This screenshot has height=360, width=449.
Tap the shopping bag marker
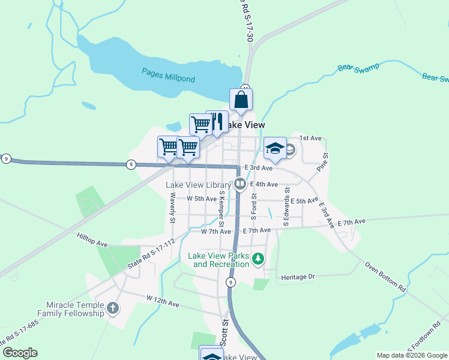[241, 100]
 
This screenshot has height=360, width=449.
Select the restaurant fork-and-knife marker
[217, 121]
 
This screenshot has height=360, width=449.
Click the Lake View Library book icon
[240, 184]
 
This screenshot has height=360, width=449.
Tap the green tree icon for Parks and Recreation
[258, 259]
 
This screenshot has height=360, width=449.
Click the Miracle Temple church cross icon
[113, 308]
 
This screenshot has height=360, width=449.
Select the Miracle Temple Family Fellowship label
[71, 309]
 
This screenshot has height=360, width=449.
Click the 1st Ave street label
[310, 138]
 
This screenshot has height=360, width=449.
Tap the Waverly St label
[172, 208]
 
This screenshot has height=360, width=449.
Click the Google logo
[20, 353]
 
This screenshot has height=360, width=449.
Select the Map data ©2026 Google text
[412, 355]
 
